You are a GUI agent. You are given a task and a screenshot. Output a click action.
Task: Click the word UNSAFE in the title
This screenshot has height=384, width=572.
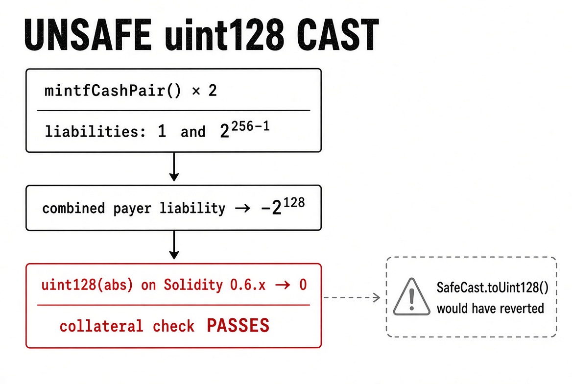[88, 35]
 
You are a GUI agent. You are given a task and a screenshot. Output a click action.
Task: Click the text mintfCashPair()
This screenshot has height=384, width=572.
[113, 91]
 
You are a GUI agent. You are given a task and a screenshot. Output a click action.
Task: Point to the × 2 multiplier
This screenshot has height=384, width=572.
[204, 91]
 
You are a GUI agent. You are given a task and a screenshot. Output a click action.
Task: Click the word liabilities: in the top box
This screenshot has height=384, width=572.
[95, 131]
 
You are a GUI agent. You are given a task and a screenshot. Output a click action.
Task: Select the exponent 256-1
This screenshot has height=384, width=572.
[251, 126]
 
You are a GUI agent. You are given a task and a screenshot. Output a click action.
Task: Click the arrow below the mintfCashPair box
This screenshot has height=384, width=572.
[174, 167]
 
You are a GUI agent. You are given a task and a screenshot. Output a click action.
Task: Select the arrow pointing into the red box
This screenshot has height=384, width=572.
[174, 245]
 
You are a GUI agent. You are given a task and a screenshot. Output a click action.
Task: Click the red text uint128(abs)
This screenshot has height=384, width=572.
[87, 285]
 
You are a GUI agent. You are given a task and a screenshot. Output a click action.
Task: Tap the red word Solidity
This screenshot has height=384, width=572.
[193, 285]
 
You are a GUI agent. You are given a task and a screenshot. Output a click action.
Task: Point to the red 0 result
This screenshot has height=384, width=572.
[303, 285]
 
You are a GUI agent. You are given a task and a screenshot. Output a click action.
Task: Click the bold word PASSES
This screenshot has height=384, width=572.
[238, 325]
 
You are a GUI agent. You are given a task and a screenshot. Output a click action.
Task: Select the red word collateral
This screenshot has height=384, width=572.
[101, 326]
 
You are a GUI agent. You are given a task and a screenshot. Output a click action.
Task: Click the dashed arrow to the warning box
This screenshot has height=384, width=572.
[352, 298]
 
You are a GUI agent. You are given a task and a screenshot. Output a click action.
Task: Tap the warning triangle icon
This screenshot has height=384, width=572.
[412, 297]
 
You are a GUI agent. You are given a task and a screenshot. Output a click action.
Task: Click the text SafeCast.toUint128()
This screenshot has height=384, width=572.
[493, 288]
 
